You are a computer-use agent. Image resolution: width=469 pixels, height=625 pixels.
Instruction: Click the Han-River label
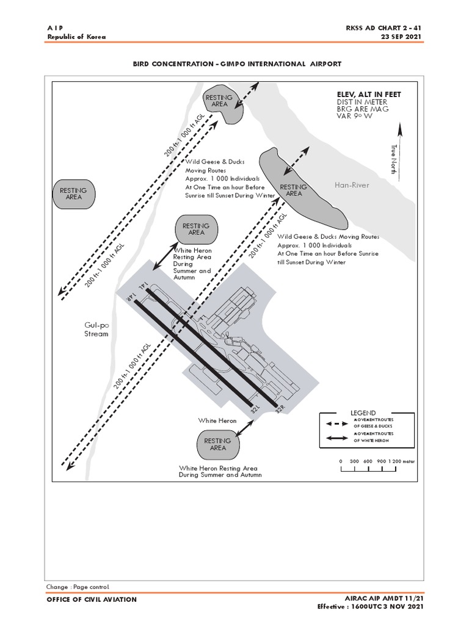coord(352,184)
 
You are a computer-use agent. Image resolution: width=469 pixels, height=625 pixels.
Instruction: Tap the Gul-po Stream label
coord(96,330)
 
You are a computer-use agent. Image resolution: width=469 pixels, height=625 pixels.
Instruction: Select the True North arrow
coord(400,150)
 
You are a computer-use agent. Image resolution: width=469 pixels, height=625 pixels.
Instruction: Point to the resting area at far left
coord(73,193)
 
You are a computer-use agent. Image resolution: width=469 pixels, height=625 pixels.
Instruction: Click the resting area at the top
coord(221,103)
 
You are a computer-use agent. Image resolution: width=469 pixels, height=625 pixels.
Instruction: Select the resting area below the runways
coord(218,444)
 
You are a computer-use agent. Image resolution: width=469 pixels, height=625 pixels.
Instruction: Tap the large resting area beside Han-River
coord(299,186)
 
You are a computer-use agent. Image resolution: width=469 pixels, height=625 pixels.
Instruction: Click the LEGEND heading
coord(363,413)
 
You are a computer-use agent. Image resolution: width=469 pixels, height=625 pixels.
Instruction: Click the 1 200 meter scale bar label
coord(401,461)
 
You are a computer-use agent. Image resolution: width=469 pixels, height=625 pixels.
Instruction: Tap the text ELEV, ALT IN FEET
coord(369,95)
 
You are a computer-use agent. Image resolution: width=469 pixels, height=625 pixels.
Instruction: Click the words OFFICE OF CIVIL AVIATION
coord(92,599)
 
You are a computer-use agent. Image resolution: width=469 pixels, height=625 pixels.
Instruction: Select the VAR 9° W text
coord(355,117)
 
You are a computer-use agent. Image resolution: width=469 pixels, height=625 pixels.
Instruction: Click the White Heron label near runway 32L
coord(217,421)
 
